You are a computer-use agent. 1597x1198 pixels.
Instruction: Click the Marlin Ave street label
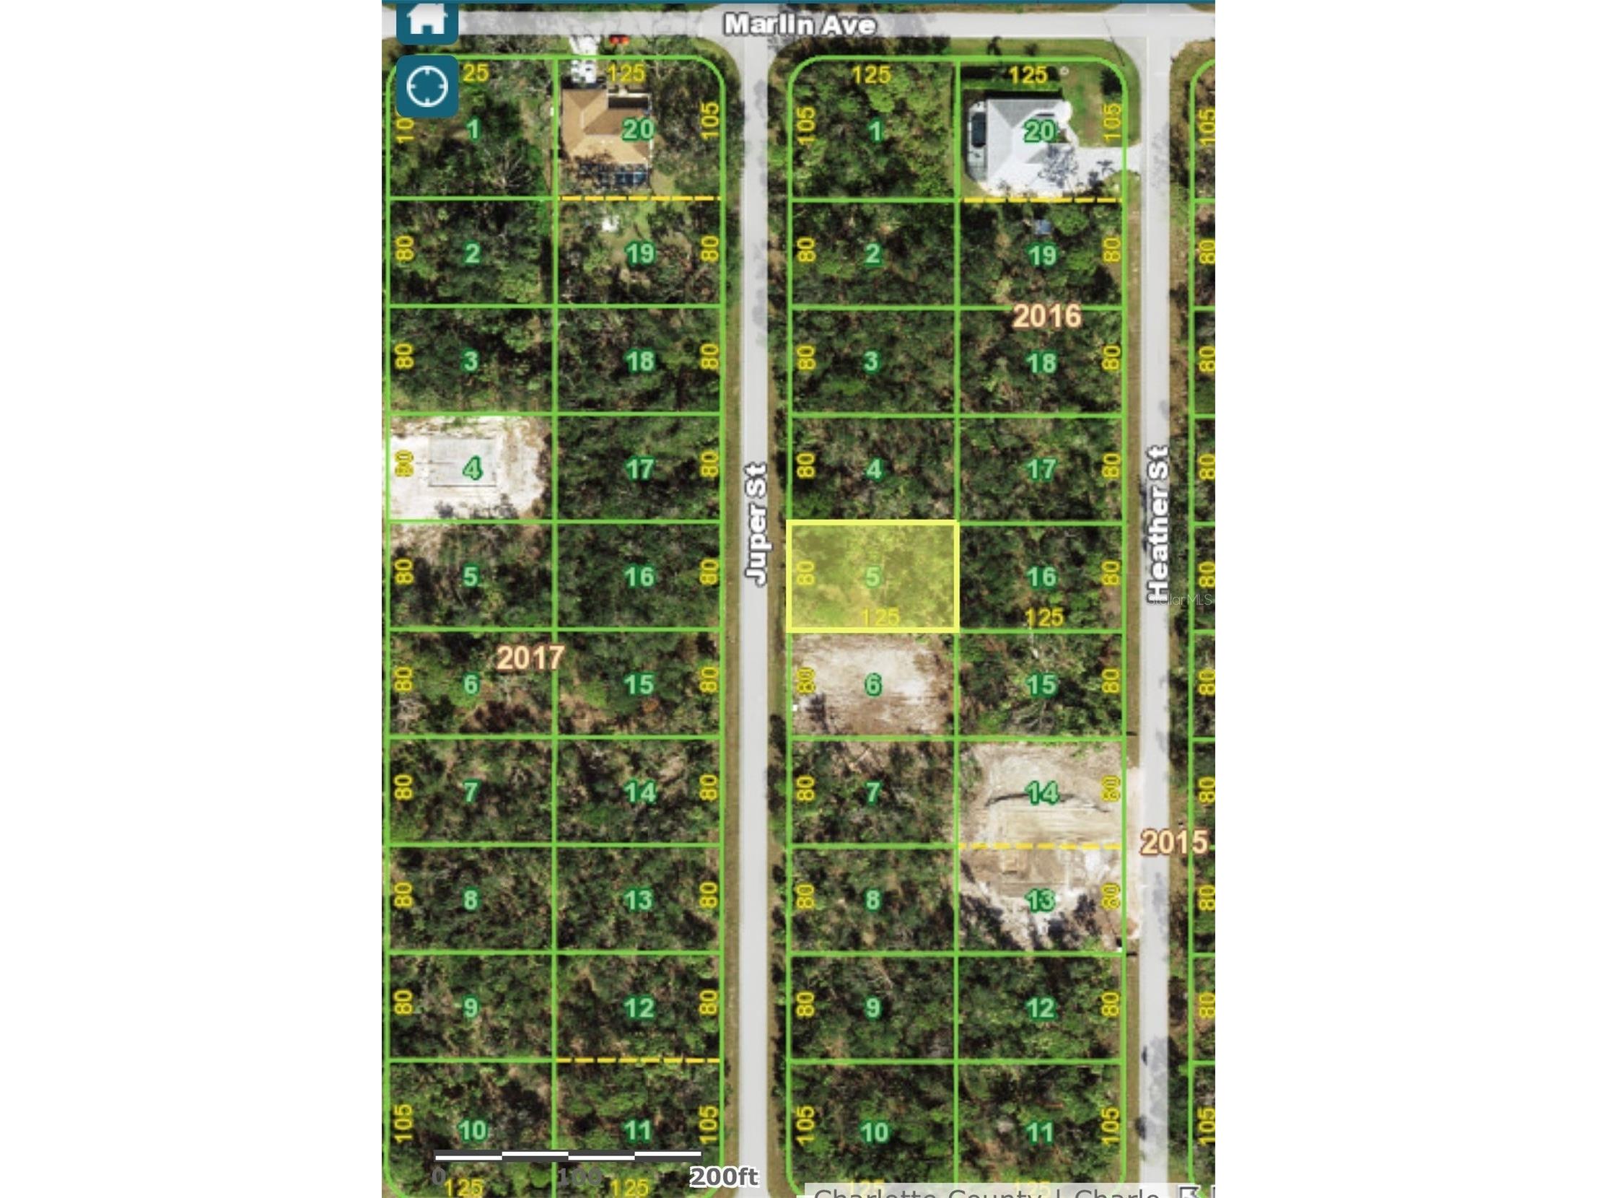point(800,25)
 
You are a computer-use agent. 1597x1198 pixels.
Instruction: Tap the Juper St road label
point(756,523)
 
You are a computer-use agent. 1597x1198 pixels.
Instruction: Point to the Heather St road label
point(1158,523)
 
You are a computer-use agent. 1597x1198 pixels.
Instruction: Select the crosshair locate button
point(426,87)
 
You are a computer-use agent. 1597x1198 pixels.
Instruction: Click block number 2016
point(1046,315)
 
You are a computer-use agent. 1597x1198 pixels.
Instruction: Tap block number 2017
point(530,657)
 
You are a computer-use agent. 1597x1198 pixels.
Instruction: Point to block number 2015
point(1173,842)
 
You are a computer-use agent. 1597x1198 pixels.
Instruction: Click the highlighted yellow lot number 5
point(873,576)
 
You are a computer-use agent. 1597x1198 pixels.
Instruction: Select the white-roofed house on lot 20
point(1018,141)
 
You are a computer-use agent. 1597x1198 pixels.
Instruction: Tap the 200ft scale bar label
point(723,1177)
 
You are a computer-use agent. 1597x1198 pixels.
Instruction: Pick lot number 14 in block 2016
point(1042,792)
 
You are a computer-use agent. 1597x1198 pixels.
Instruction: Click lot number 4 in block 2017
point(472,468)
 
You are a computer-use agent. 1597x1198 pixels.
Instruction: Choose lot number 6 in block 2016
point(873,684)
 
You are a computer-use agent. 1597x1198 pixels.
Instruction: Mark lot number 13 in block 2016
point(1040,900)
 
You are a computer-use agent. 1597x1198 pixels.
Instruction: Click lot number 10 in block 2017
point(472,1130)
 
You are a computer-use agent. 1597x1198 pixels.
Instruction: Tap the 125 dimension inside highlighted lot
point(880,617)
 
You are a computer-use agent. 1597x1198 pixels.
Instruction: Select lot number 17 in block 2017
point(639,468)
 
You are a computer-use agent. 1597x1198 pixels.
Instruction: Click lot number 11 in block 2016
point(1040,1132)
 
